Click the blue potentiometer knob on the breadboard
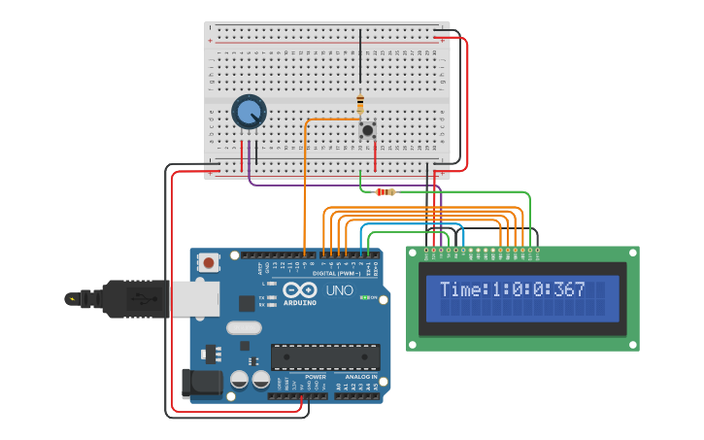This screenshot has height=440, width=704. coord(249,112)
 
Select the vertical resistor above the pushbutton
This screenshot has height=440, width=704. coord(360,103)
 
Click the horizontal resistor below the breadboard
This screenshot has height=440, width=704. coord(386,191)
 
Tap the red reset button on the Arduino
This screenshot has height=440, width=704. coord(208,261)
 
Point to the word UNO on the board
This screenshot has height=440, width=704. coord(339,290)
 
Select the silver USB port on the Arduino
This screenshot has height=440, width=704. coord(194,299)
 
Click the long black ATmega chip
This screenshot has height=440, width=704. coord(324,356)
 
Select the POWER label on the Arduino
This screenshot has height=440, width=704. coord(316,376)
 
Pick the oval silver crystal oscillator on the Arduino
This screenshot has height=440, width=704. coord(244,328)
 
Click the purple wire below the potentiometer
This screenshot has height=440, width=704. coord(250,161)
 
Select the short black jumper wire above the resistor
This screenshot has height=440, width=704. coord(360,58)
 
